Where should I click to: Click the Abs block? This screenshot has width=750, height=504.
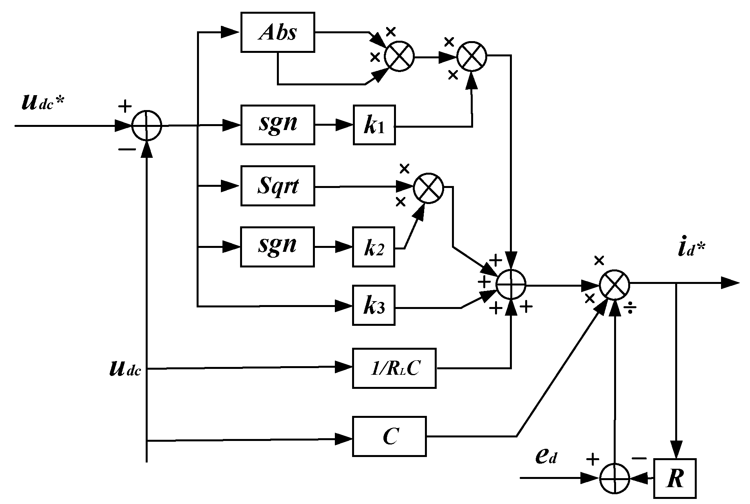[277, 32]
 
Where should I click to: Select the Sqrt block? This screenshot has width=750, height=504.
[277, 186]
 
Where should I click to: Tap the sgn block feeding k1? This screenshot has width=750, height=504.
[277, 125]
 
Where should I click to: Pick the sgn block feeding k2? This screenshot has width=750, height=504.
[277, 247]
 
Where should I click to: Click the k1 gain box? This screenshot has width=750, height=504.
[374, 125]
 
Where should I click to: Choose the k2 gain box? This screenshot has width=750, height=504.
[374, 247]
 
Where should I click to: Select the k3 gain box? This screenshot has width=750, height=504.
[374, 305]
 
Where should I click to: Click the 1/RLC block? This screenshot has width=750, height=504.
[394, 368]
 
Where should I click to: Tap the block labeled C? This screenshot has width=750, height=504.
[389, 436]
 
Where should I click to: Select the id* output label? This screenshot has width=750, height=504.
[691, 249]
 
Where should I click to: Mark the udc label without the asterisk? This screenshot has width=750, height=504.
[125, 369]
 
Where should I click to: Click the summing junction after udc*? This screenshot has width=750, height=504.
[146, 125]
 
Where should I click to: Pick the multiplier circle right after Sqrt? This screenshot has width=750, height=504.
[428, 188]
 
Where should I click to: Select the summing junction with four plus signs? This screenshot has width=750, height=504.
[511, 284]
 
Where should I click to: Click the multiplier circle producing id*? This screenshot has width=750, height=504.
[614, 284]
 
